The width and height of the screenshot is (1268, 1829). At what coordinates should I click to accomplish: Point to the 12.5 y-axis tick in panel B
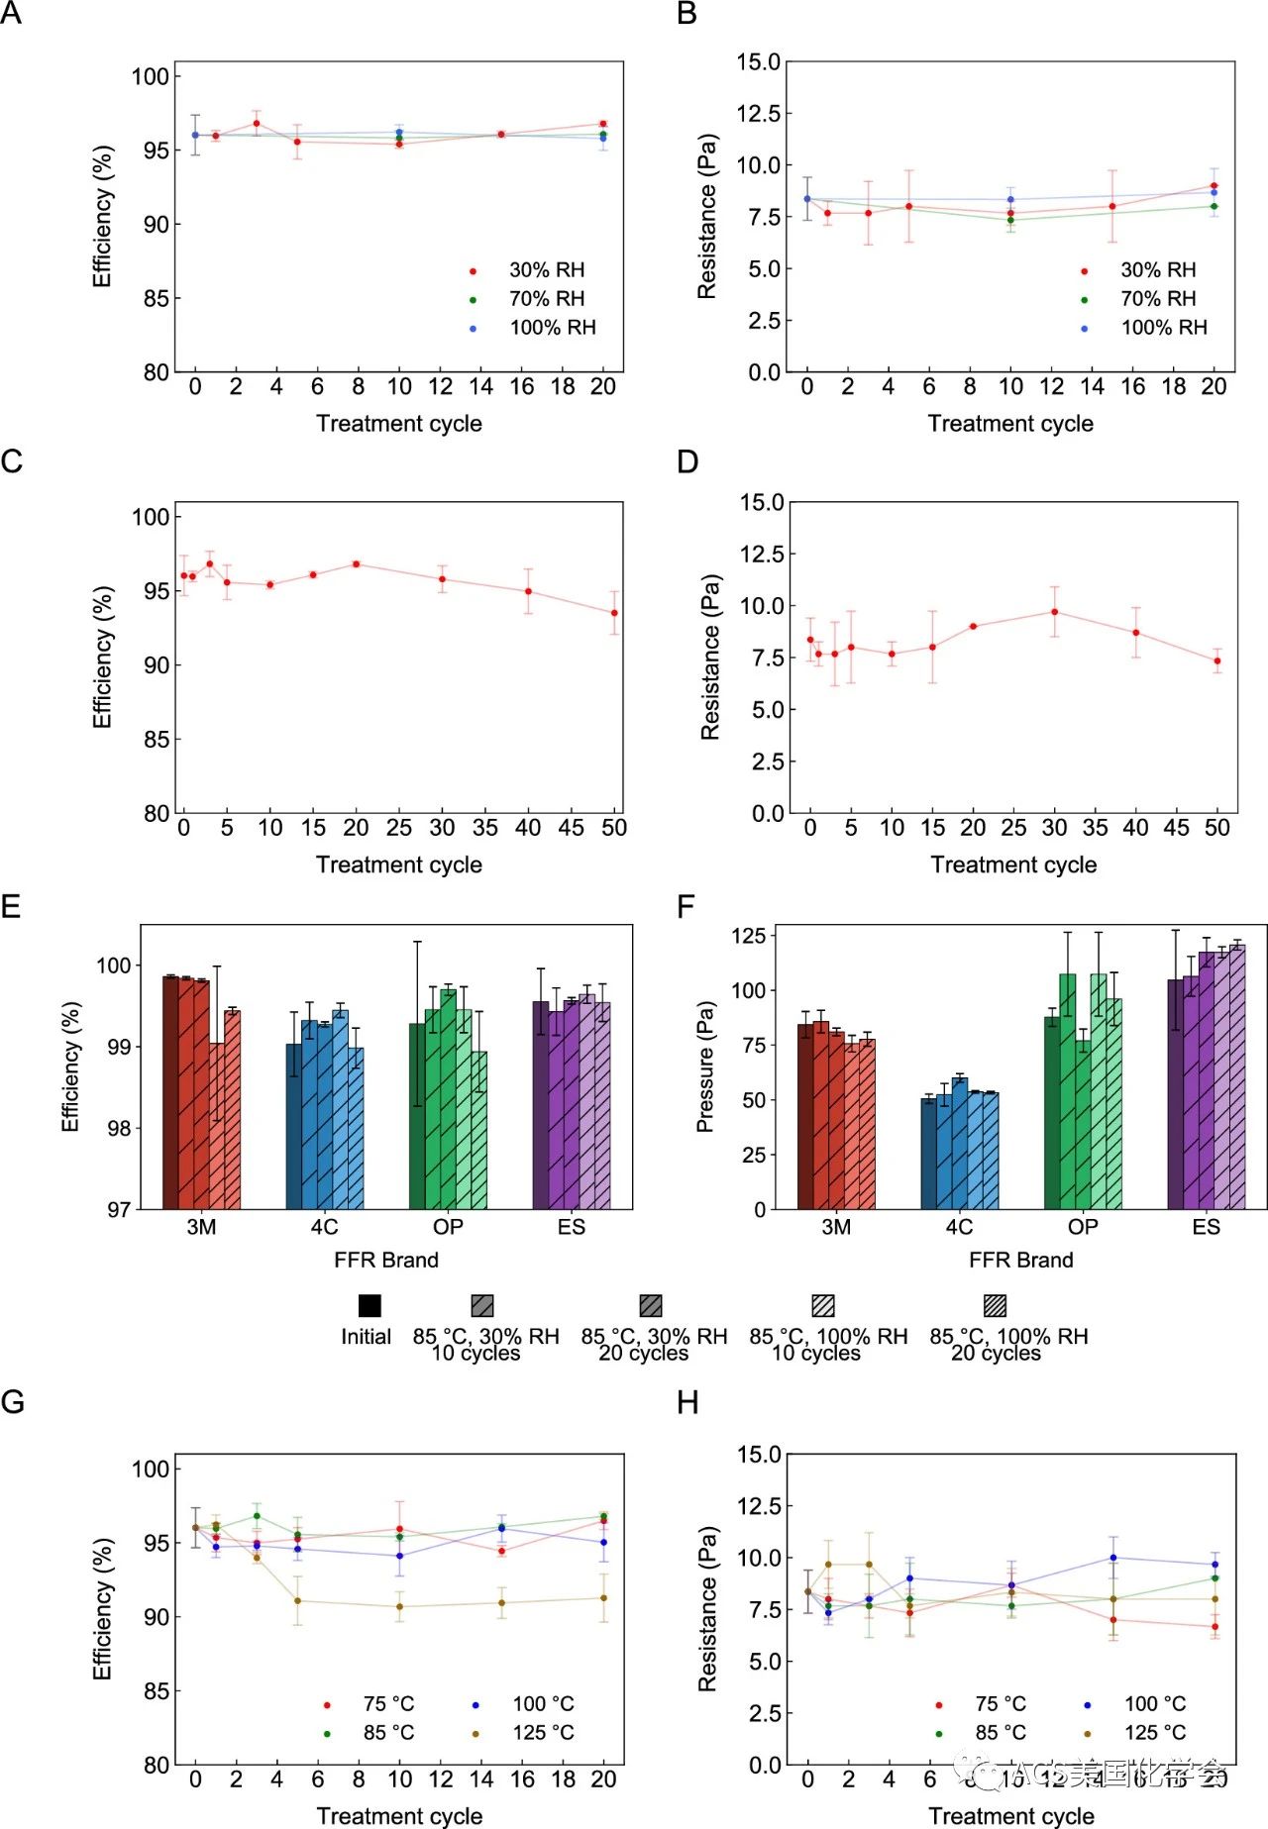click(758, 114)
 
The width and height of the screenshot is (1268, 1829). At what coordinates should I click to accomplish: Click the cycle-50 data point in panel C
click(614, 613)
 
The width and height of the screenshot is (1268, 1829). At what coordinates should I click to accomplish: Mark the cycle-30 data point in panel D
click(1055, 612)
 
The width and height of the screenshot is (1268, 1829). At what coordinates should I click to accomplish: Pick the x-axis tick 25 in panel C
click(399, 828)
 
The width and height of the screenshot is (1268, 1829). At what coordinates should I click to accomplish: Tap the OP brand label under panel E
click(448, 1227)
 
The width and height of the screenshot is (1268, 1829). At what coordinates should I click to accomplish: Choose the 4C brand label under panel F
click(959, 1227)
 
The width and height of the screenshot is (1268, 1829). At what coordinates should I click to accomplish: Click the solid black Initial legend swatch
click(370, 1305)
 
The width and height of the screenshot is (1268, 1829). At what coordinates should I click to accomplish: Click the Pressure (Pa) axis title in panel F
click(705, 1067)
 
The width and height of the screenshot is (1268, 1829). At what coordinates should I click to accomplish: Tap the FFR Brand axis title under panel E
click(386, 1260)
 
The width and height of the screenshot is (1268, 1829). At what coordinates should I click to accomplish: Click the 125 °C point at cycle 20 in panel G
click(604, 1597)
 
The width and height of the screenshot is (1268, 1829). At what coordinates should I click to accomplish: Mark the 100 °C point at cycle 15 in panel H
click(1113, 1558)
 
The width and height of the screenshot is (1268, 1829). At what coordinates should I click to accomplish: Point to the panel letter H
click(687, 1403)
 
